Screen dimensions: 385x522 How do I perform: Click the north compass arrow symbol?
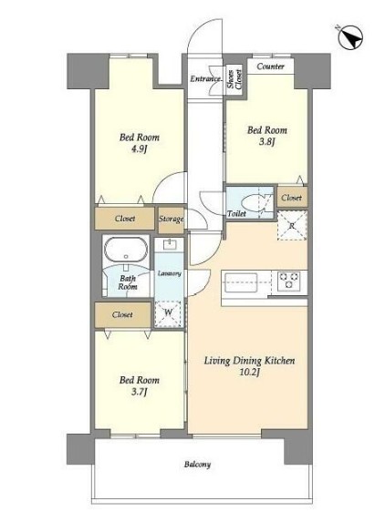coord(350,37)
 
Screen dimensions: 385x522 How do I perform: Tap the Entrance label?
coord(205,79)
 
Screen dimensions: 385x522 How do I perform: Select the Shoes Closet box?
coord(234,78)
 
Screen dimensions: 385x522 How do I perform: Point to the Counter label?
coord(270,67)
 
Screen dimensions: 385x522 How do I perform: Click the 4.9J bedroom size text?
coord(139,148)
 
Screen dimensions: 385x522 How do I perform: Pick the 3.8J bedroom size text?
coord(266,142)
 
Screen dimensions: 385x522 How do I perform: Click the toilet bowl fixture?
coord(255,202)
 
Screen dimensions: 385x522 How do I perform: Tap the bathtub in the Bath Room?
coord(126,251)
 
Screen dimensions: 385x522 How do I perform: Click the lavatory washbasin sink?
coord(170,244)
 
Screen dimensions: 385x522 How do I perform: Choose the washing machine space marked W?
coord(169,313)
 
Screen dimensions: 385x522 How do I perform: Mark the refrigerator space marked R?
coord(292,225)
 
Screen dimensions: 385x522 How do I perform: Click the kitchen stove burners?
coord(288,281)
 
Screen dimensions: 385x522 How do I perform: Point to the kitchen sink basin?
coord(241,282)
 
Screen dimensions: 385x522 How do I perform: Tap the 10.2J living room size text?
coord(249,373)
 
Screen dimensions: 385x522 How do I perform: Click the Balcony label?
coord(197,465)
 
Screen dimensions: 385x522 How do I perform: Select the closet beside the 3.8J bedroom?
coord(292,198)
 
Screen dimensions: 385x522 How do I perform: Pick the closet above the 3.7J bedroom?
coord(122,315)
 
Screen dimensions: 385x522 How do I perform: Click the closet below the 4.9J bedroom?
coord(125,219)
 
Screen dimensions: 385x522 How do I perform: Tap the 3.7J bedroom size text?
coord(139,392)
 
